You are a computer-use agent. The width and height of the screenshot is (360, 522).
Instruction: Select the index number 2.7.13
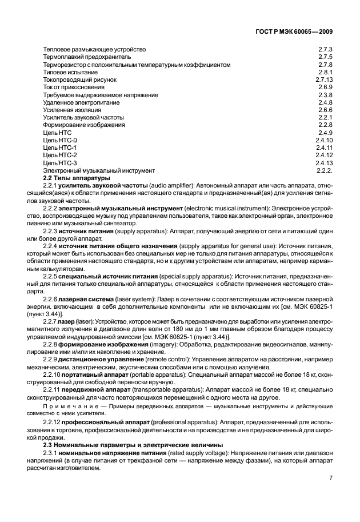[323, 80]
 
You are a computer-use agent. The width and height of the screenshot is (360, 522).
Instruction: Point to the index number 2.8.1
[325, 73]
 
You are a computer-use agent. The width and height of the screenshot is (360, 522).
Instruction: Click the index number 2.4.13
[323, 162]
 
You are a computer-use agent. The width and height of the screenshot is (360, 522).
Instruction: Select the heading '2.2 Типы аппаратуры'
[72, 178]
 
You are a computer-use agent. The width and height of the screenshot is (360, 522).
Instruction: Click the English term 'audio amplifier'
[168, 186]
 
